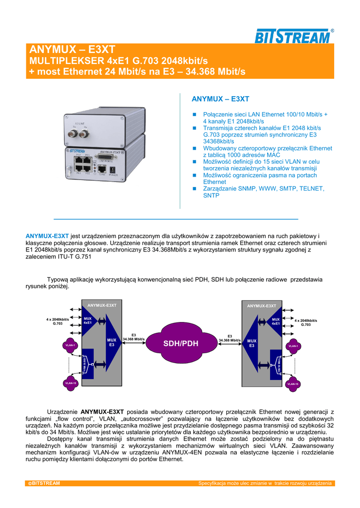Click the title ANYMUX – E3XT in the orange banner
[x=72, y=50]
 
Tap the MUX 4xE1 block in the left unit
[x=89, y=320]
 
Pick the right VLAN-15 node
[x=293, y=383]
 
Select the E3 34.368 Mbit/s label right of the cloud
[x=230, y=338]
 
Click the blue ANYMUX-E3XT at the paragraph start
[x=47, y=236]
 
